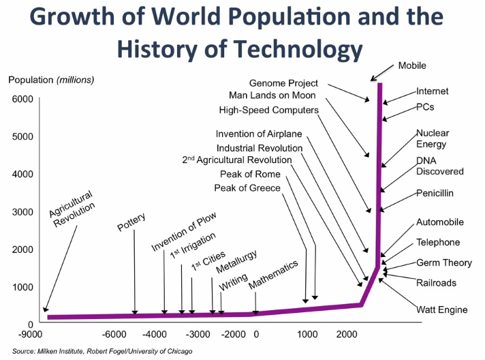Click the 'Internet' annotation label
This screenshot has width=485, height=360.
click(x=433, y=91)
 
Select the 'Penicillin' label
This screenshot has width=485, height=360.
click(x=435, y=193)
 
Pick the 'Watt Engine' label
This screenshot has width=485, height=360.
click(x=442, y=310)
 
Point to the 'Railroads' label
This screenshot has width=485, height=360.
click(x=436, y=282)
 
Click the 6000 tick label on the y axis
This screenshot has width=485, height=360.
click(x=21, y=100)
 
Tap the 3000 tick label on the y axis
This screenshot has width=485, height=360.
click(x=21, y=212)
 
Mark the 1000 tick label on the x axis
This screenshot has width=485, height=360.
click(x=307, y=334)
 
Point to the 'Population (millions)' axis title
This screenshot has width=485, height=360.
click(x=51, y=80)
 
